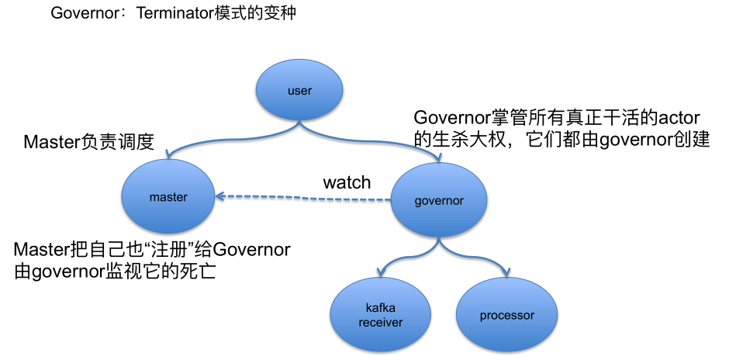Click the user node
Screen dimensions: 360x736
point(299,91)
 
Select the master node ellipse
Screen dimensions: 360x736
point(168,197)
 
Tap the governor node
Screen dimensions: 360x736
point(439,201)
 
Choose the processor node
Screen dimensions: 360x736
point(506,315)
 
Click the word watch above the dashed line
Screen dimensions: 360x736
point(347,183)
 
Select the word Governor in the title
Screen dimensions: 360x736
point(77,14)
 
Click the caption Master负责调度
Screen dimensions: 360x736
point(88,142)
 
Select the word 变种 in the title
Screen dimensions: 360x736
point(281,14)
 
